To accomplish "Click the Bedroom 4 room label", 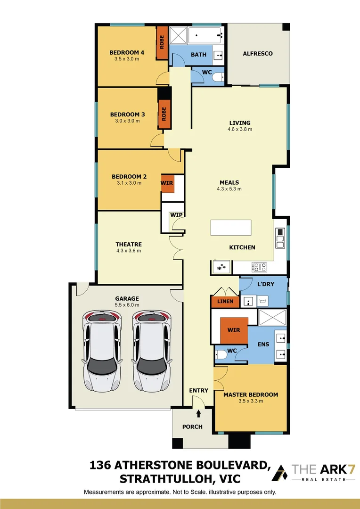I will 127,52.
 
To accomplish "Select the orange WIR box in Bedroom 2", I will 168,182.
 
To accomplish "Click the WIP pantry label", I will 176,215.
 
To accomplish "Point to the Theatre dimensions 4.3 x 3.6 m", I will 129,251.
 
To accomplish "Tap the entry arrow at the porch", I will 198,414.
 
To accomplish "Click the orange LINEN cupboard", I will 225,301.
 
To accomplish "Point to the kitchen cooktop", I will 259,267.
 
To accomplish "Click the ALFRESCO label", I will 258,54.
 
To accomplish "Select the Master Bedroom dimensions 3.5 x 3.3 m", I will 251,401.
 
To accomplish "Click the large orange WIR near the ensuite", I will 234,330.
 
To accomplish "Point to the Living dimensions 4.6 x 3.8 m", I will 240,129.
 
